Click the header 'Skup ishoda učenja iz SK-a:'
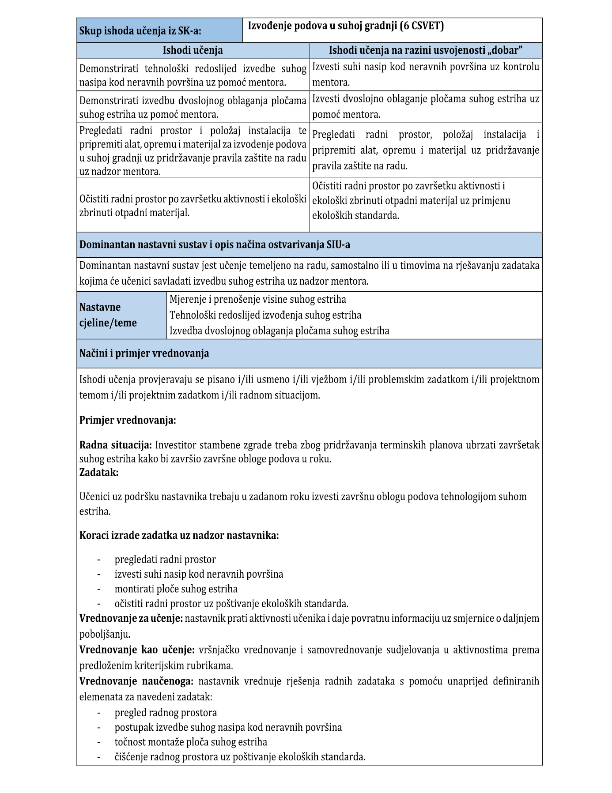click(x=140, y=31)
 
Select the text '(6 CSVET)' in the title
click(x=421, y=26)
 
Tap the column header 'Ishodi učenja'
click(x=193, y=50)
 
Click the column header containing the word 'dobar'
click(x=425, y=50)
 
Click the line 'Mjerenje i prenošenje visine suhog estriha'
click(x=258, y=299)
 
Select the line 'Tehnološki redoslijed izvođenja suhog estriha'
click(x=265, y=315)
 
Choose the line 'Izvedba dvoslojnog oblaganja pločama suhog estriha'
click(x=280, y=331)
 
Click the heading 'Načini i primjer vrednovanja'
click(x=144, y=353)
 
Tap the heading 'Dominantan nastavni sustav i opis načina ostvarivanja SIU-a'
click(x=215, y=245)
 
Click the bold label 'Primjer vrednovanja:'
click(x=128, y=420)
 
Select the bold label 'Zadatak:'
click(x=99, y=472)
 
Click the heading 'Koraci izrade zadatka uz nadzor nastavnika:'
click(x=179, y=535)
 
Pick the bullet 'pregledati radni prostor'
click(x=165, y=560)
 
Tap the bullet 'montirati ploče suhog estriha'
click(x=176, y=589)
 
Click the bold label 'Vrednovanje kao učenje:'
click(x=137, y=650)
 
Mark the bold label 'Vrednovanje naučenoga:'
click(x=136, y=681)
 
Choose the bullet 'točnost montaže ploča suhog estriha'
click(x=191, y=742)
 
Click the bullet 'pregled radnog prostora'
click(x=166, y=712)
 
